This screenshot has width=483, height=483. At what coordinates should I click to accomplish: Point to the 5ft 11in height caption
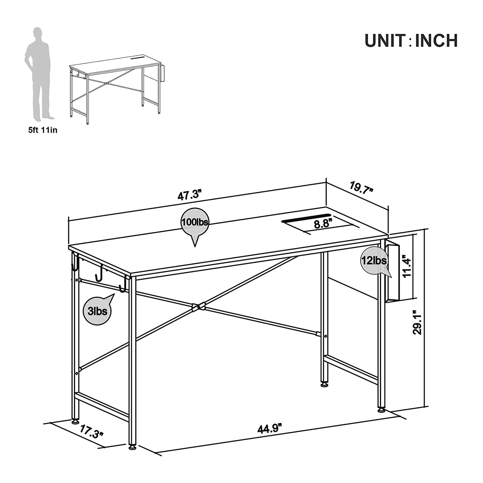click(43, 130)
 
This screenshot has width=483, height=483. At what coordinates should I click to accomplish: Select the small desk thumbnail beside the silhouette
click(117, 89)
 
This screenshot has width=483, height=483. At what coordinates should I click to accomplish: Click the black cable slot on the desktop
click(306, 218)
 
